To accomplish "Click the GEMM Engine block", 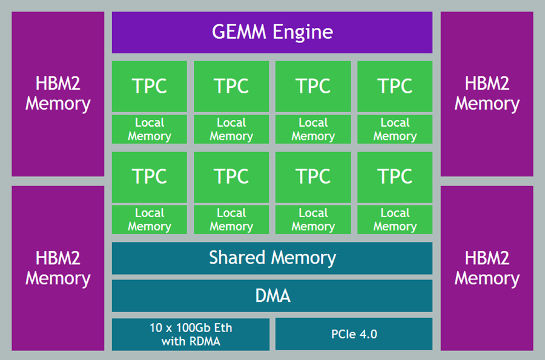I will pos(272,32).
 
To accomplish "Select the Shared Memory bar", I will pos(272,258).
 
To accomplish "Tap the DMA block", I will pos(272,296).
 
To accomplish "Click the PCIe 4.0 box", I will pos(354,334).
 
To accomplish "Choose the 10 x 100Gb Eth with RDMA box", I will pos(190,334).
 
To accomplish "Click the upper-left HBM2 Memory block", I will pos(58,94).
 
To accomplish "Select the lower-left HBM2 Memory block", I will pos(58,268).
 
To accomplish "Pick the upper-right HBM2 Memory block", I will pos(487,94).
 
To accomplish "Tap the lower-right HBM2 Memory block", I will pos(487,268).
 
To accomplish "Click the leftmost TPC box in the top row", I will pos(150,86).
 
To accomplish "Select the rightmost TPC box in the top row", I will pos(395,86).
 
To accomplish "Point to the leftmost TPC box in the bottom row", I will pos(150,176).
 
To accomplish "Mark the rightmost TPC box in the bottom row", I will pos(395,176).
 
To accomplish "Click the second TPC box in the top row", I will pos(231,86).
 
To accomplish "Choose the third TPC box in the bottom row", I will pos(313,176).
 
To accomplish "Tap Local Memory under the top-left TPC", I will pos(150,129).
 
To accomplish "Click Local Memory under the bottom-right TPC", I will pos(395,219).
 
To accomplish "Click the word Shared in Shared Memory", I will pos(236,258).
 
